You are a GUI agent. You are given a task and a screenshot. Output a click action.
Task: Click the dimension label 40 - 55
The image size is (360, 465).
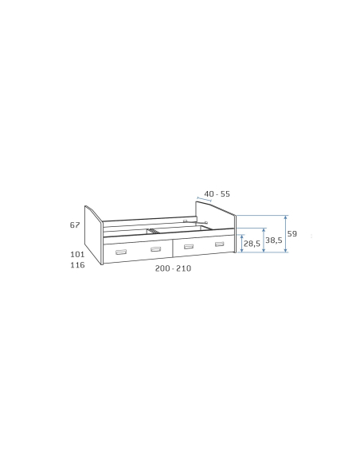[x=217, y=194]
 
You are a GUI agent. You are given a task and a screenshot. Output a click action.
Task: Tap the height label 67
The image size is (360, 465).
[x=75, y=225]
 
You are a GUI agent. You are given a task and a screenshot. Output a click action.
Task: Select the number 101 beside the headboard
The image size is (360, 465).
[x=77, y=254]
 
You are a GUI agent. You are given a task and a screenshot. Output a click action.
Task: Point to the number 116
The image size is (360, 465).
[x=77, y=265]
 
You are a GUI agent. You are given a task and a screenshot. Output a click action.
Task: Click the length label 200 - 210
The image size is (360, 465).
[x=173, y=268]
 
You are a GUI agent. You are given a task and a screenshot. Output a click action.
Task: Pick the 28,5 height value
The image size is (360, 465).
[x=252, y=244]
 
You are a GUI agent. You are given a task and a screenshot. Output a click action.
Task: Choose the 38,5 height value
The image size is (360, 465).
[x=274, y=240]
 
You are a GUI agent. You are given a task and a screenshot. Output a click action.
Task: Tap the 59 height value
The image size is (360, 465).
[x=292, y=233]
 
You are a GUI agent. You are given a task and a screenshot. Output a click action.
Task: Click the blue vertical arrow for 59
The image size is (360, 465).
[x=286, y=234]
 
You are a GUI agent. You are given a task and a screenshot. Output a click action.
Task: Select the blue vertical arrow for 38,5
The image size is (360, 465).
[x=264, y=240]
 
